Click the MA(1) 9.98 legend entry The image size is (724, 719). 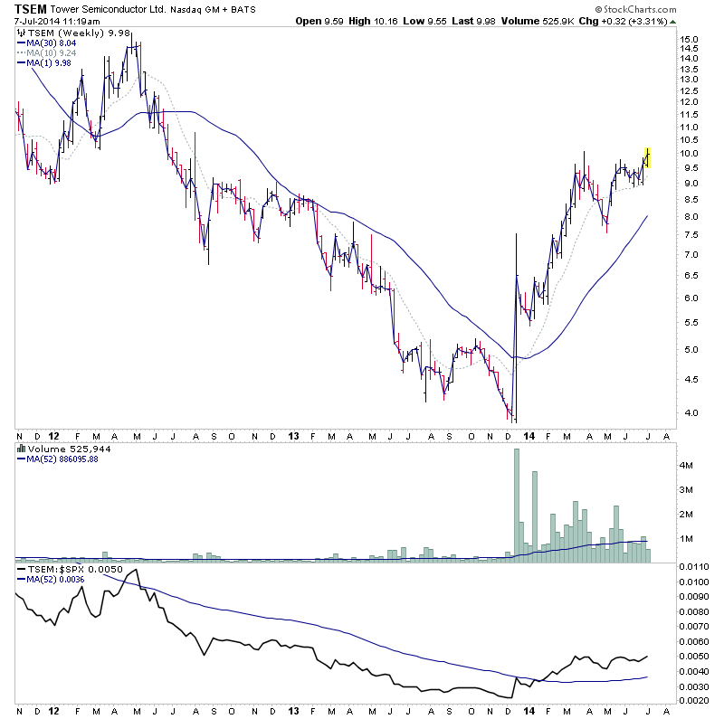point(44,62)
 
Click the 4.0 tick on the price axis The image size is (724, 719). point(689,413)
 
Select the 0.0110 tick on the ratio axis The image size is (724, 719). point(694,566)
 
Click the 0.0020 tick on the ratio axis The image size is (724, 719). point(694,701)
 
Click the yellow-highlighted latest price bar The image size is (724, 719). point(647,157)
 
